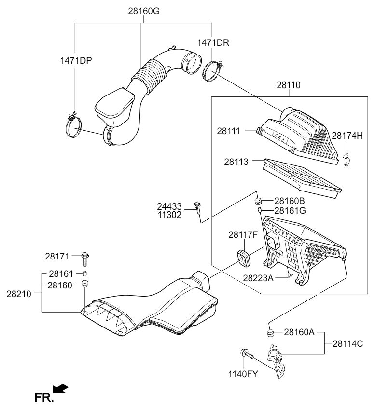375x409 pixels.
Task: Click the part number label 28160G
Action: [x=143, y=11]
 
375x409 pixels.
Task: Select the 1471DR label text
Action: [x=212, y=43]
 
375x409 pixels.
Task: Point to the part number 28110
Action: [x=289, y=85]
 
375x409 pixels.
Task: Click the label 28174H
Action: [x=347, y=136]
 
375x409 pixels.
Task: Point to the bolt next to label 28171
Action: [x=85, y=258]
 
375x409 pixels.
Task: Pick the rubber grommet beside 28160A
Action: [x=270, y=332]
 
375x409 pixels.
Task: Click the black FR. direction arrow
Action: [x=60, y=388]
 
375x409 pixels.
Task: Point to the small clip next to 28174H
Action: [x=346, y=159]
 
